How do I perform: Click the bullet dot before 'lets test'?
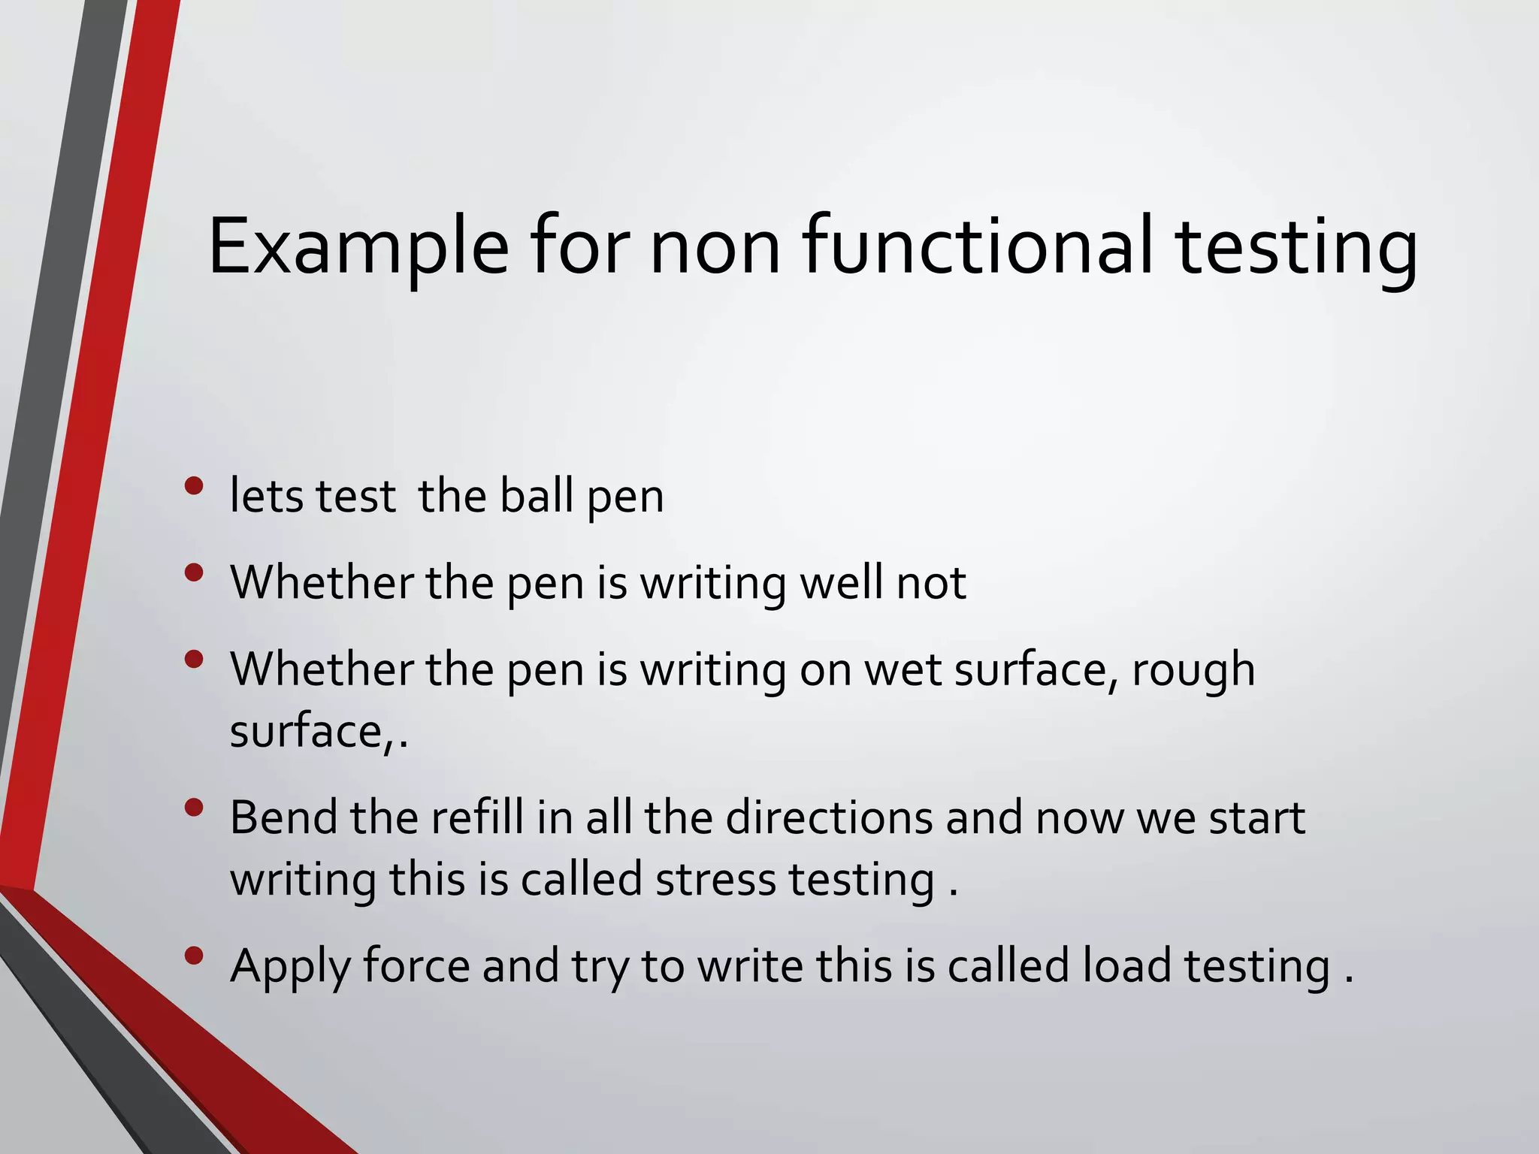tap(194, 486)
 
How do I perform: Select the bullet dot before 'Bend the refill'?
tap(194, 808)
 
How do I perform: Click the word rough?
tap(1193, 670)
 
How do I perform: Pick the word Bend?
tap(283, 817)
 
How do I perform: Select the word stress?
tap(715, 880)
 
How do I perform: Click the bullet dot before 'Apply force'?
tap(194, 956)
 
